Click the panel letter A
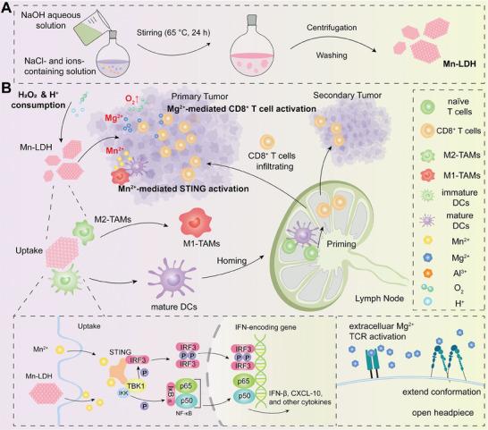[7, 8]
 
